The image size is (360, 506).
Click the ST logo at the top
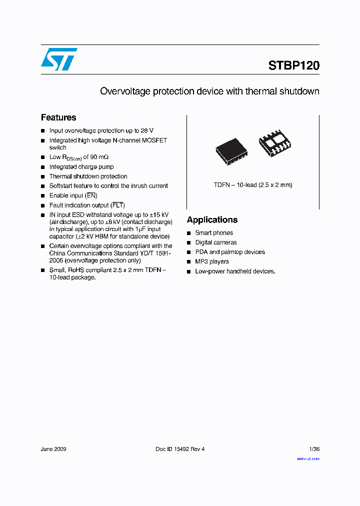tap(59, 59)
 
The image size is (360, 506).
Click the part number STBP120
tap(294, 65)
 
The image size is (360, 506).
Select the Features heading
tap(58, 117)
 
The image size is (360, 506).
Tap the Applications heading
tap(212, 220)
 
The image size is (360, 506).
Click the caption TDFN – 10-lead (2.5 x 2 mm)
tap(253, 185)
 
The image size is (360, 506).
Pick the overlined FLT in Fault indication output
tap(117, 205)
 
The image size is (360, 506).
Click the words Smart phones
tap(214, 233)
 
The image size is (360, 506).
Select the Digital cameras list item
tap(216, 242)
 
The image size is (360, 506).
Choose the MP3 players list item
tap(212, 261)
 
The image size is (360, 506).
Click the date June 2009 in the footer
tap(53, 449)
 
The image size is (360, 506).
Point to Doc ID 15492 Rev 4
tap(180, 449)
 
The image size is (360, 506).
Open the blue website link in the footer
tap(308, 458)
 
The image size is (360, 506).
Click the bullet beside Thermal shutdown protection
tap(43, 176)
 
